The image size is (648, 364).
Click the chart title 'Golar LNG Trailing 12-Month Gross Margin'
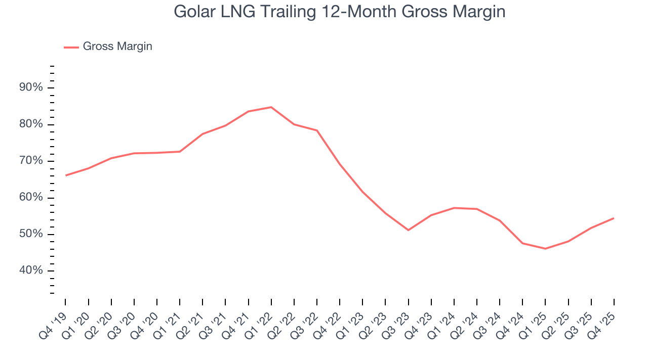tap(339, 11)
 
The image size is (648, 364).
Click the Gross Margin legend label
tap(117, 47)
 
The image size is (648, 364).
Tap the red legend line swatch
tap(71, 47)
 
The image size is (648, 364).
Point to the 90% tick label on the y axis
tap(31, 88)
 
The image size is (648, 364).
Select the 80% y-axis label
tap(31, 124)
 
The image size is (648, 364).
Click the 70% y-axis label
tap(31, 161)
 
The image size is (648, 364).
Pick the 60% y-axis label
tap(31, 198)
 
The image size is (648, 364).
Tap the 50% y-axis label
tap(31, 234)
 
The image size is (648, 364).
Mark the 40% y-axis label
tap(31, 270)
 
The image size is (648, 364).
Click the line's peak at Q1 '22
tap(271, 107)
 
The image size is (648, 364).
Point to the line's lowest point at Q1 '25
tap(545, 248)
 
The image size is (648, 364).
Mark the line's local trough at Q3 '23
tap(408, 230)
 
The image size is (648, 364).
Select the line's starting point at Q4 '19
tap(66, 175)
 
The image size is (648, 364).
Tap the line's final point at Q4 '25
tap(614, 218)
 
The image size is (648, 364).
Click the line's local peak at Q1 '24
tap(454, 208)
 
